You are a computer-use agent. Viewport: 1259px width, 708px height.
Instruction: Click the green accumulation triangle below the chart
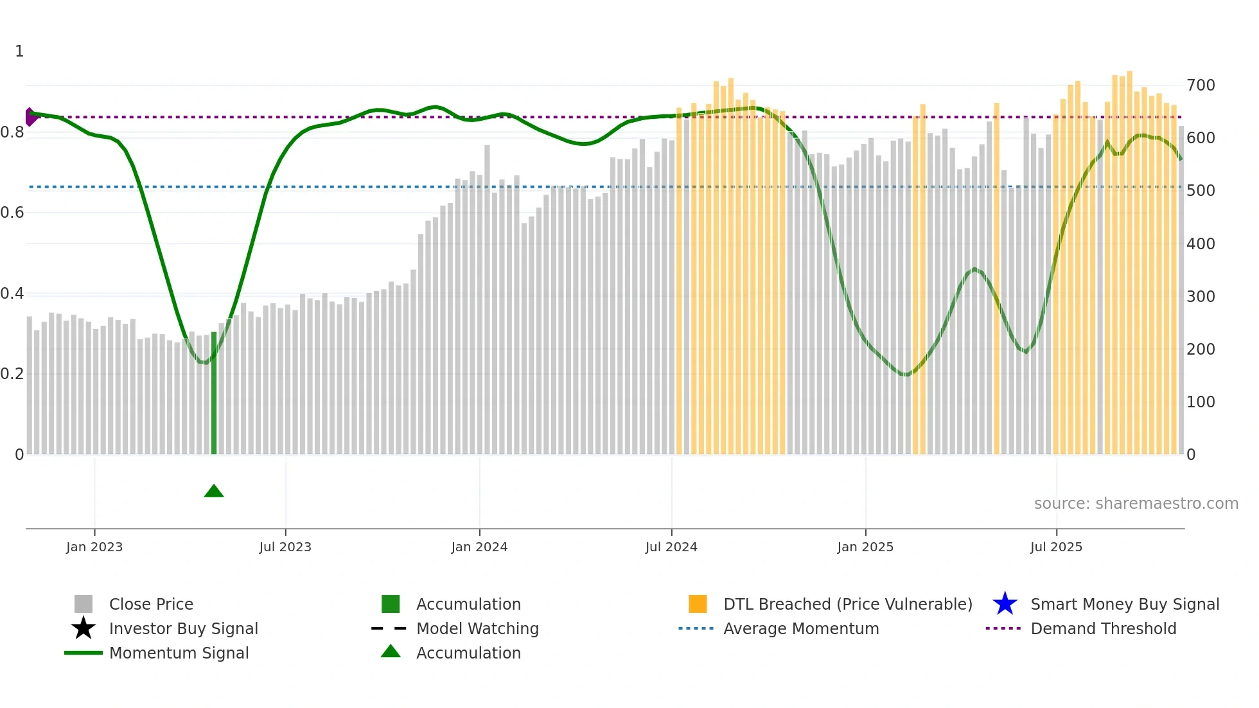[214, 491]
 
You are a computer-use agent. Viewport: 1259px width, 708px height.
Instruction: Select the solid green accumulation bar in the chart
[214, 393]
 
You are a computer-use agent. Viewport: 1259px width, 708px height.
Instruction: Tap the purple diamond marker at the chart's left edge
[30, 117]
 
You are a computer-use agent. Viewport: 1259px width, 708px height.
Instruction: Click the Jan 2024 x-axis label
[479, 547]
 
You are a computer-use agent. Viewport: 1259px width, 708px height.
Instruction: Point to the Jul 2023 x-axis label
[285, 547]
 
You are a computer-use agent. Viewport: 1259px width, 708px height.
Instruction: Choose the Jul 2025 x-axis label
[1056, 547]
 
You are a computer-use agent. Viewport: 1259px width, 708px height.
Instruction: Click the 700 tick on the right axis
[1201, 85]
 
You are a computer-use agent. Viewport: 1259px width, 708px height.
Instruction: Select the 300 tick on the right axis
[1201, 296]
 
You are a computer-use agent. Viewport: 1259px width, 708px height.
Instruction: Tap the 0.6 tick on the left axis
[12, 213]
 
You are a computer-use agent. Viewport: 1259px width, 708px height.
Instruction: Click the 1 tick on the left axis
[19, 51]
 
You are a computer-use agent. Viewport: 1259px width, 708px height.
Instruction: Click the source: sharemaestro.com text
[1136, 503]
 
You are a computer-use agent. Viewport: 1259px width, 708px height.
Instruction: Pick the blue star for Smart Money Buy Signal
[1005, 604]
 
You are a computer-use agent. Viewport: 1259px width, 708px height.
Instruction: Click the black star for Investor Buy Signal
[84, 628]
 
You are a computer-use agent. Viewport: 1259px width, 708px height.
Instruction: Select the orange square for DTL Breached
[698, 604]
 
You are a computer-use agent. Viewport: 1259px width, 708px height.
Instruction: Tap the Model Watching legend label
[477, 628]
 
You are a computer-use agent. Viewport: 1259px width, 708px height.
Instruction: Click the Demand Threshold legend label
[1103, 628]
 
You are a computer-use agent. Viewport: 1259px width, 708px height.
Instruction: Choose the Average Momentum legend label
[801, 628]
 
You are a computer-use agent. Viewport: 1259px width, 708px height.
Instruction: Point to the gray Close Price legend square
[84, 604]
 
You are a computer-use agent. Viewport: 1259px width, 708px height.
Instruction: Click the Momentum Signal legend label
[179, 653]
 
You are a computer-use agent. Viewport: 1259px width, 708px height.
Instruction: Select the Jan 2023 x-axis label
[94, 547]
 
